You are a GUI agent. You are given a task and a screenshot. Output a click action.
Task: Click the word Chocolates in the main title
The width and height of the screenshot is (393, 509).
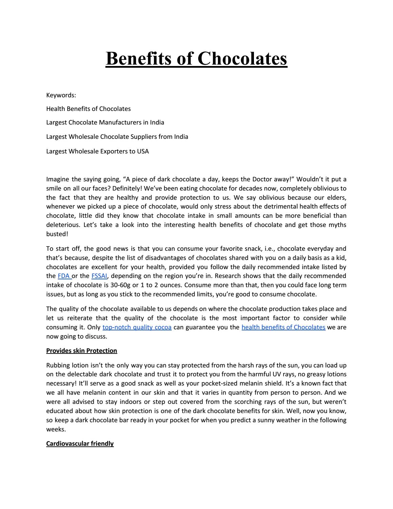pyautogui.click(x=242, y=59)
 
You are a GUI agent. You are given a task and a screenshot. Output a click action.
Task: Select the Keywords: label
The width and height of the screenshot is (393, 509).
pyautogui.click(x=61, y=95)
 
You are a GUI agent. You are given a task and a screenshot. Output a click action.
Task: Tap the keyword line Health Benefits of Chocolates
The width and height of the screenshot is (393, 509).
pyautogui.click(x=88, y=109)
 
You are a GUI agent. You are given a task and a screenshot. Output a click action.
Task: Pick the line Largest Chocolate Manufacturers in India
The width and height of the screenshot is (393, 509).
pyautogui.click(x=105, y=122)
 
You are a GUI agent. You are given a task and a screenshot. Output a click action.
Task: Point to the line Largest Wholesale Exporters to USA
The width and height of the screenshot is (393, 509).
pyautogui.click(x=98, y=151)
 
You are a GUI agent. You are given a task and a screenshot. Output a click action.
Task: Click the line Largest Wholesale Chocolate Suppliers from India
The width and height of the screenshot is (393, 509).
pyautogui.click(x=117, y=137)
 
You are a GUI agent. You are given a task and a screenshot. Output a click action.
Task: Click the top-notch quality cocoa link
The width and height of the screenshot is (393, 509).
pyautogui.click(x=137, y=327)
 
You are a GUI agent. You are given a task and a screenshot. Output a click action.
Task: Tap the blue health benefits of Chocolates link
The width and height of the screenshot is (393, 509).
pyautogui.click(x=284, y=327)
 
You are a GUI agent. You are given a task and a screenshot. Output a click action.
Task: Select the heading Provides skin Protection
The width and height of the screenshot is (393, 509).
pyautogui.click(x=82, y=351)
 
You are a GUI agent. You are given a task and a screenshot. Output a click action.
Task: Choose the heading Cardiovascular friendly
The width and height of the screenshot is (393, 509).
pyautogui.click(x=80, y=444)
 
